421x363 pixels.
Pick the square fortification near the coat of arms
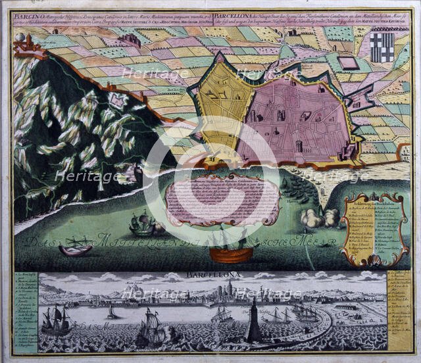[x=349, y=64]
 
